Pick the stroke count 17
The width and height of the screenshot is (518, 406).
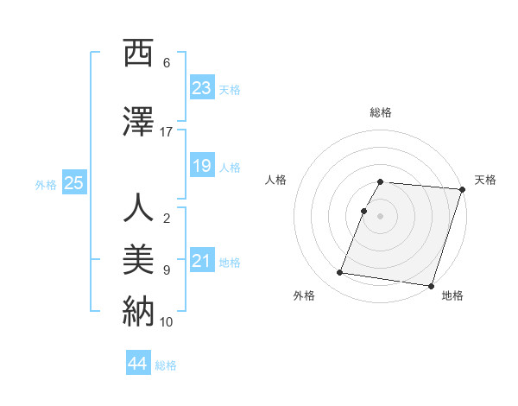167,132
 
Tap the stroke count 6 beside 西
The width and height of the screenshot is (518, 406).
167,63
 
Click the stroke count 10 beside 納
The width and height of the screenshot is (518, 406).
167,322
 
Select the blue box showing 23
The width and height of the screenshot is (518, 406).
202,87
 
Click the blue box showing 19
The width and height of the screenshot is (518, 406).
202,166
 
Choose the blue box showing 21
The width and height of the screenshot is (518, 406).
202,261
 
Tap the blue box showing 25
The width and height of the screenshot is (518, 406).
73,183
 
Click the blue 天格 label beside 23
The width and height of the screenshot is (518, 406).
230,90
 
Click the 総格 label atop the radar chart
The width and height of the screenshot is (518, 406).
381,113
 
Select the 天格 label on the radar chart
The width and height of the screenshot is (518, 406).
485,180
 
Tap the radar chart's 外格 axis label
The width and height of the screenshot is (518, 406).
304,295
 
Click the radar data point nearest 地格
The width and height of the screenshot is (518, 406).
430,285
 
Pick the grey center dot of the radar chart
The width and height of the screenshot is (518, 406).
381,216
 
